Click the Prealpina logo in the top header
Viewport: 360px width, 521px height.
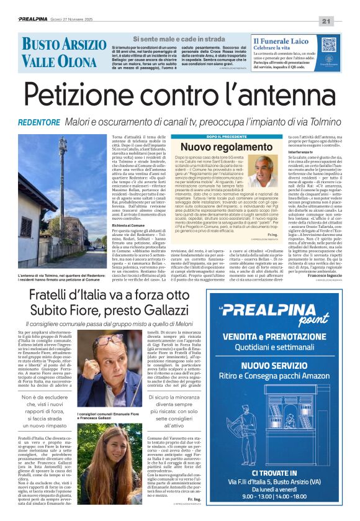coord(32,20)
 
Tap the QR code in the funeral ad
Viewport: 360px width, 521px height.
coord(329,45)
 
